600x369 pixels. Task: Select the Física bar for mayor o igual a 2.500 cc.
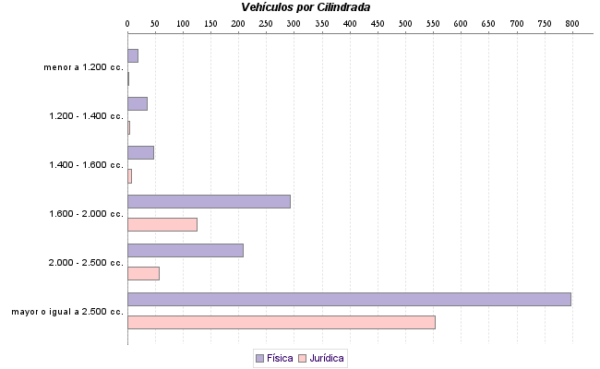(349, 299)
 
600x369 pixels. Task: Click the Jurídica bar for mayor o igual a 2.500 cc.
(281, 322)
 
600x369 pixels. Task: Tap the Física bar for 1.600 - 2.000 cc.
(209, 201)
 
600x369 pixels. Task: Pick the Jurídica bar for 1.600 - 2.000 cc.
(162, 224)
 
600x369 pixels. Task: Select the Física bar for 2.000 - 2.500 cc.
(185, 250)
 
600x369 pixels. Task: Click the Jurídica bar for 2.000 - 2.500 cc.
(143, 273)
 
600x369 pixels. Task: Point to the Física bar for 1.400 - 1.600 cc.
(140, 152)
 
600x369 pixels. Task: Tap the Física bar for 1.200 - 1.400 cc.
(138, 103)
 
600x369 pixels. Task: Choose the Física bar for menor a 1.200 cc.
(133, 55)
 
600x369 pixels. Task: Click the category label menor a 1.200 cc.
(83, 67)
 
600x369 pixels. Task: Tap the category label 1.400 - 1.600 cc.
(86, 165)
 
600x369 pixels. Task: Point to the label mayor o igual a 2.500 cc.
(67, 312)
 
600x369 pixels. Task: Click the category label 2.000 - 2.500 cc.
(86, 263)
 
